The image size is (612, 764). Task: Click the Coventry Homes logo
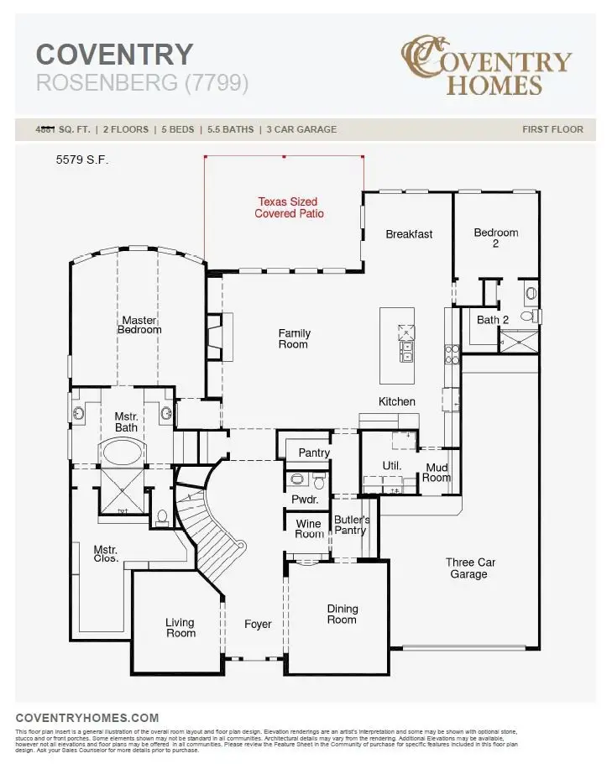coord(486,65)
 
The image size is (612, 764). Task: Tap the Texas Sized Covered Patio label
coord(289,207)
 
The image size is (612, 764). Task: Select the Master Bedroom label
coord(139,325)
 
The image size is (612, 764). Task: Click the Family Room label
coord(294,338)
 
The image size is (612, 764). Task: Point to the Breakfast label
coord(409,234)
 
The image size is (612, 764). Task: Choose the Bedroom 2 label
coord(495,238)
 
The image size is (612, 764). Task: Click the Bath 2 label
coord(493,319)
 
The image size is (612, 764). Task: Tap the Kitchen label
coord(396,401)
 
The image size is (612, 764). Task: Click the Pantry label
coord(314,453)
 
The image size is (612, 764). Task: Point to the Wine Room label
coord(309,529)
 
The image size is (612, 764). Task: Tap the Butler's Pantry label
coord(351,525)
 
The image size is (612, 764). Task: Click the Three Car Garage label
coord(469,568)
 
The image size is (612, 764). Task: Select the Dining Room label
coord(342,614)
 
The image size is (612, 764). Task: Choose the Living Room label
coord(180,627)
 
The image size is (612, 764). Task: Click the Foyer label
coord(258,624)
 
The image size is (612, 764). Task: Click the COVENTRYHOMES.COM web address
coord(87,717)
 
